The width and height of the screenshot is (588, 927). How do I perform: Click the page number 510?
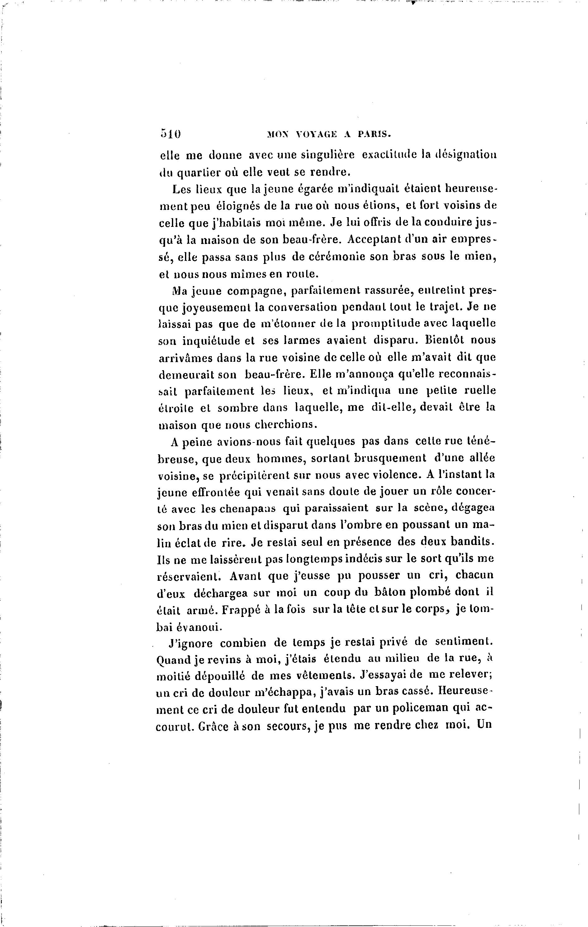point(170,134)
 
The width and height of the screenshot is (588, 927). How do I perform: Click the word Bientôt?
point(445,340)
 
